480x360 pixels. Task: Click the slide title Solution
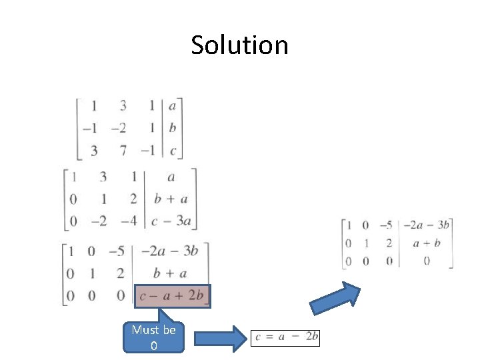pyautogui.click(x=239, y=45)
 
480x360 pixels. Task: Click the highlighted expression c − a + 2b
pyautogui.click(x=172, y=296)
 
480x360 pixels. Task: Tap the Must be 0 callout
pyautogui.click(x=153, y=337)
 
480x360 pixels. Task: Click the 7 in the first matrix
pyautogui.click(x=123, y=151)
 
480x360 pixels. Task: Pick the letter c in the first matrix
pyautogui.click(x=173, y=151)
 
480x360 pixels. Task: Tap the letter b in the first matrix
pyautogui.click(x=173, y=128)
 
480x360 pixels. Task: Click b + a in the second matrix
pyautogui.click(x=170, y=199)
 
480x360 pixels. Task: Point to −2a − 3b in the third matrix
pyautogui.click(x=171, y=251)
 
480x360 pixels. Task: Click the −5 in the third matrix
pyautogui.click(x=117, y=251)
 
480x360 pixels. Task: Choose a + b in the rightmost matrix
pyautogui.click(x=426, y=243)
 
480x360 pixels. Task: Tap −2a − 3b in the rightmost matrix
pyautogui.click(x=427, y=225)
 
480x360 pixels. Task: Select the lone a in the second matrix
pyautogui.click(x=171, y=177)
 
